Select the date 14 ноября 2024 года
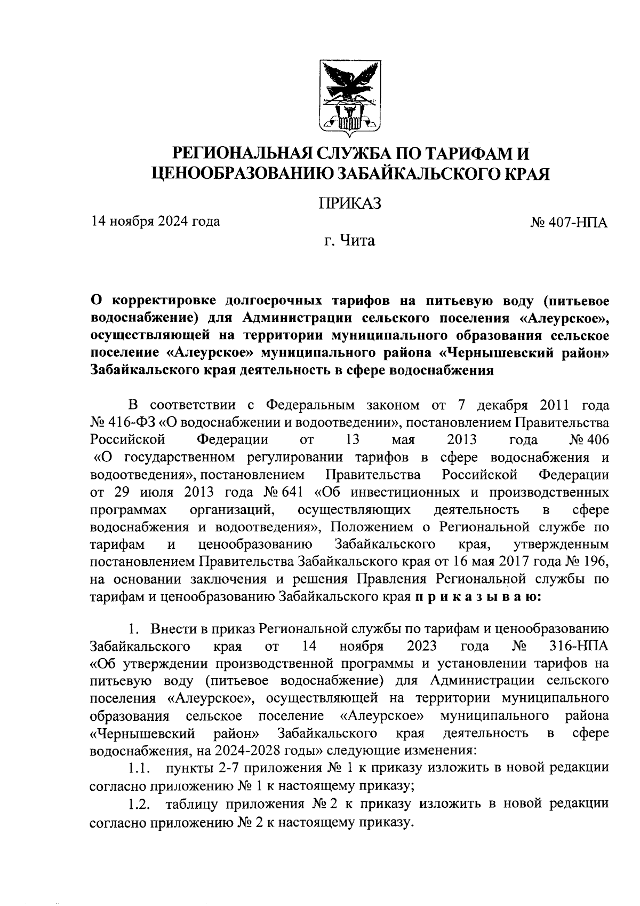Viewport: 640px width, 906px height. pyautogui.click(x=155, y=220)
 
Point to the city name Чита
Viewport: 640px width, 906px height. pyautogui.click(x=357, y=241)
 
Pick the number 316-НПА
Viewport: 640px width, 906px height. pyautogui.click(x=578, y=647)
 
